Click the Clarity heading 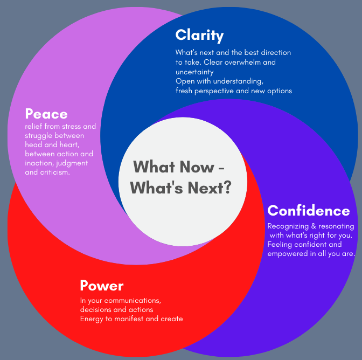[199, 36]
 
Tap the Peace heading [46, 114]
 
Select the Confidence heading [309, 211]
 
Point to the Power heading [102, 286]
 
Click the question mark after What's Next [228, 187]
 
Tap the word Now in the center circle [197, 167]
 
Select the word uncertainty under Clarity [194, 72]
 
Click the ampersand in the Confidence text [314, 226]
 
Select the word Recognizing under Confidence [288, 226]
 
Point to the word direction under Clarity [276, 52]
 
